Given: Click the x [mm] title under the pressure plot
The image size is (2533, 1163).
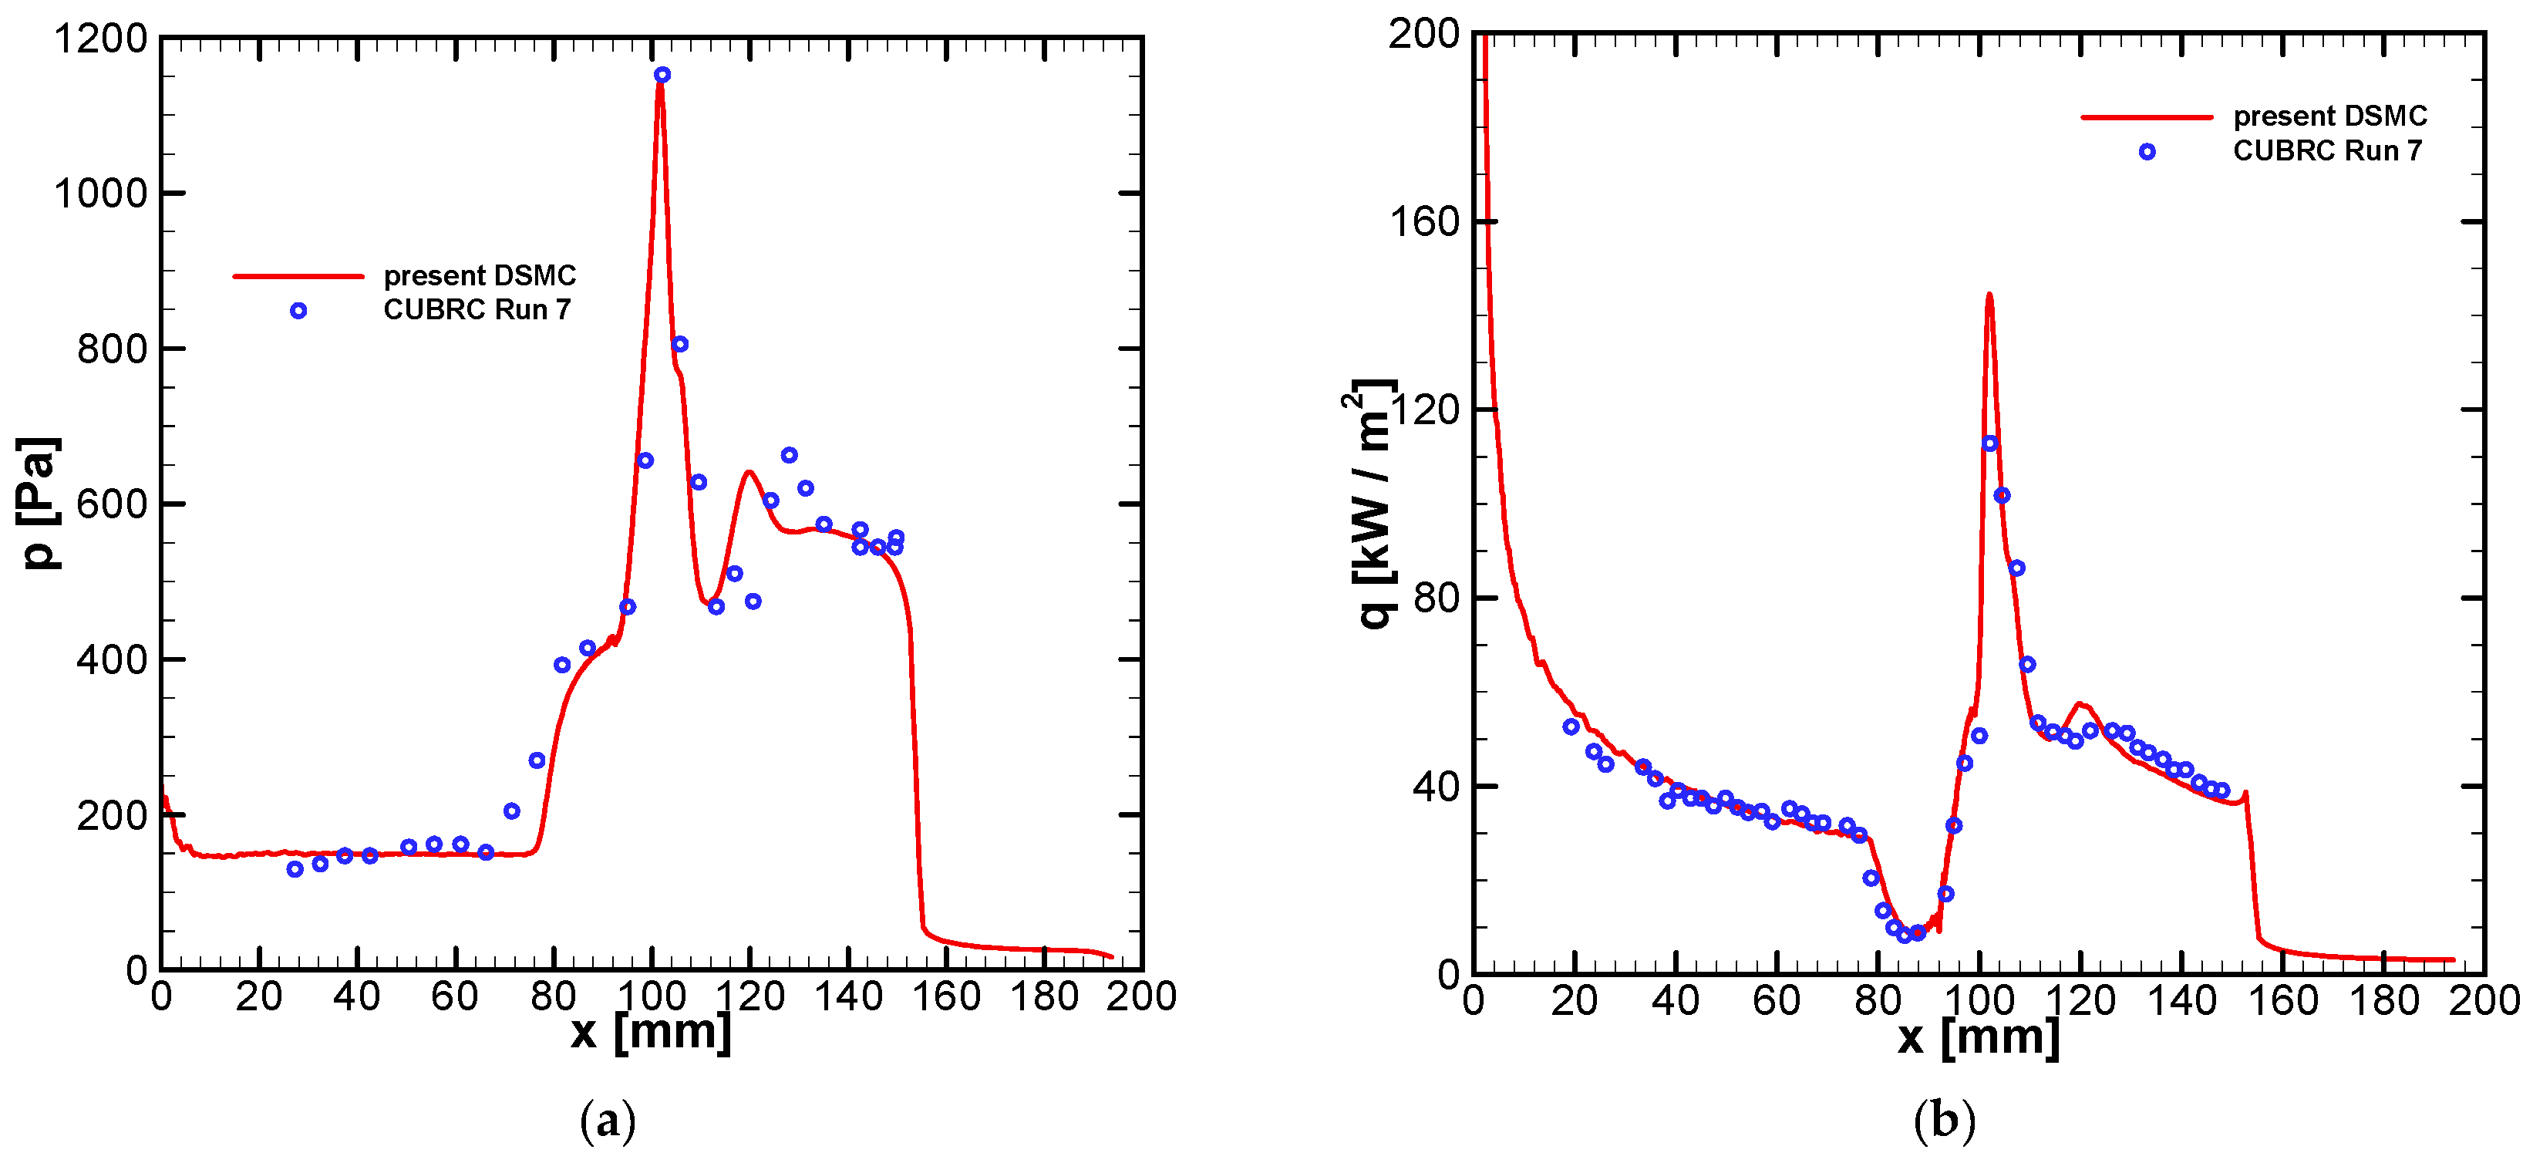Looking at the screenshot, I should [x=651, y=1031].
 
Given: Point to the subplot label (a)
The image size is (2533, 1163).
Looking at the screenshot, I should [x=608, y=1120].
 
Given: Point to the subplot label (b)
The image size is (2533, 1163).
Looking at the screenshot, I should [x=1944, y=1120].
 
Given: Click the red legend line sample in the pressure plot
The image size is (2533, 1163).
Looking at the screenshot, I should [x=298, y=276].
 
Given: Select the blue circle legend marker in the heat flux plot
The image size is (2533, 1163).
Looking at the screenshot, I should [x=2147, y=151].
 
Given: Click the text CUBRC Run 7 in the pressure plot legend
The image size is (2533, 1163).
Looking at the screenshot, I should [x=477, y=310].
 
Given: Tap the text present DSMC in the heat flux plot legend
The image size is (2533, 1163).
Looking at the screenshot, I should [x=2329, y=116].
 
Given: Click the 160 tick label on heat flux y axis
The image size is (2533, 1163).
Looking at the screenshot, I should [x=1424, y=222].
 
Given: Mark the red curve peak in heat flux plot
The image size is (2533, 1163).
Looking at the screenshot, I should [x=1989, y=294].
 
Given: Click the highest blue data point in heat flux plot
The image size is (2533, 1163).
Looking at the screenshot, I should [x=1989, y=443].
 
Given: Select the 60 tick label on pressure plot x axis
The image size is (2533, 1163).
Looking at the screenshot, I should [x=454, y=997].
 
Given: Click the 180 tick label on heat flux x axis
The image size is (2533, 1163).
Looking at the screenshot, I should [x=2383, y=1001].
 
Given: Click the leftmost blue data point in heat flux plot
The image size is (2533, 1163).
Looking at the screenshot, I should [x=1571, y=726].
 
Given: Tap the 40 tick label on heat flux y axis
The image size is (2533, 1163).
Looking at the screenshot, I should [x=1436, y=787].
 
